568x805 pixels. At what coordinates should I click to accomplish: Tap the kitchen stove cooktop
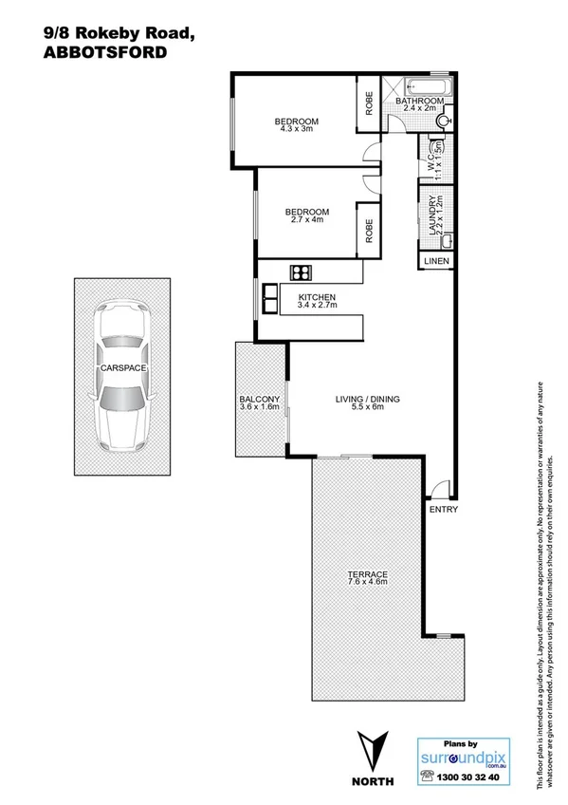tap(302, 272)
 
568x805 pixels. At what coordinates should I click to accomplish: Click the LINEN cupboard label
tap(435, 260)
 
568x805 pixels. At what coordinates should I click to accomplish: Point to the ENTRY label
tap(443, 509)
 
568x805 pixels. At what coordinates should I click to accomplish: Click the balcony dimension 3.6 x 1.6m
tap(260, 407)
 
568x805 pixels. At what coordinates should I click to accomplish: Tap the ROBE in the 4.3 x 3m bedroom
tap(369, 103)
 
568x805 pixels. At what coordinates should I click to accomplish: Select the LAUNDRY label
tap(432, 215)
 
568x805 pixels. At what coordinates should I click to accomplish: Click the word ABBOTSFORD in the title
tap(105, 54)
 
